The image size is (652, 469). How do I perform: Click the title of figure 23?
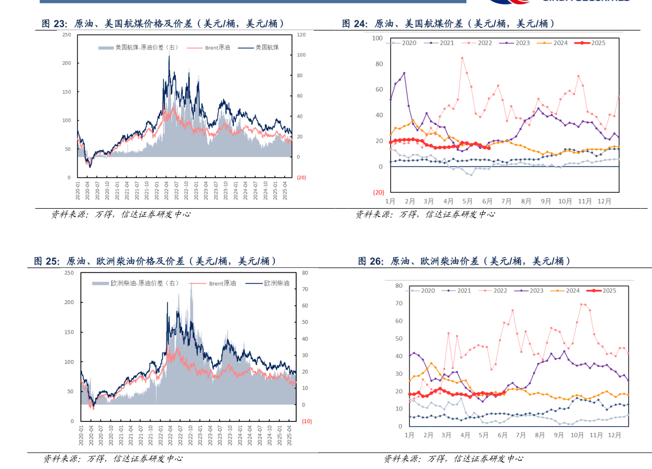click(x=163, y=24)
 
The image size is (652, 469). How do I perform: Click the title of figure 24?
click(x=448, y=24)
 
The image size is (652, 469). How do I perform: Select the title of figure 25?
click(x=155, y=261)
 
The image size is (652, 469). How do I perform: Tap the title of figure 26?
click(x=464, y=261)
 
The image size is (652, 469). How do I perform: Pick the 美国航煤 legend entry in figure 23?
click(x=263, y=48)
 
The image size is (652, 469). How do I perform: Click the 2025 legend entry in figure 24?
click(x=593, y=43)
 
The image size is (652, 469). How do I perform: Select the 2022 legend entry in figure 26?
click(x=495, y=290)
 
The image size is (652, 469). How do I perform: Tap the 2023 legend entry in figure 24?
click(x=518, y=43)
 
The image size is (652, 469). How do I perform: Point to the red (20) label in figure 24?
click(x=378, y=192)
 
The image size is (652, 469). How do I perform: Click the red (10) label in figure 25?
click(x=307, y=421)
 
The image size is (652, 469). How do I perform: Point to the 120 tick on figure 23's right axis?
click(x=301, y=35)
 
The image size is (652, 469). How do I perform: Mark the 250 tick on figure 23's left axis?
click(x=67, y=35)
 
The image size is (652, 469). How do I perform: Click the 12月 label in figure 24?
click(x=604, y=202)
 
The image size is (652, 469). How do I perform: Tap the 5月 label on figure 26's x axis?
click(x=483, y=435)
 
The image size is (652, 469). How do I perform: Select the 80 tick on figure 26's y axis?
click(x=399, y=285)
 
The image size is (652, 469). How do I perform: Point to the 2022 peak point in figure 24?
click(x=462, y=58)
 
